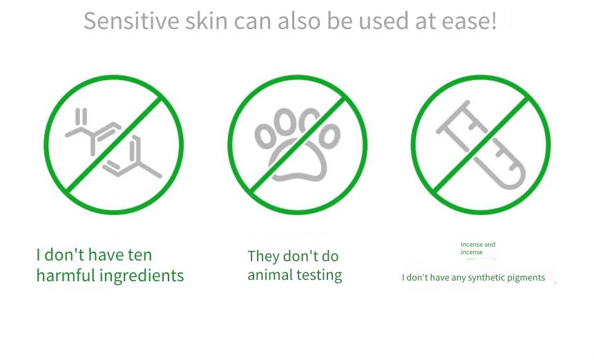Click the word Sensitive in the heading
[131, 21]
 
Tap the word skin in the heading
[206, 21]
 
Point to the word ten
[140, 255]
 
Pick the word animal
[269, 275]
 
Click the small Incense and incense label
[478, 248]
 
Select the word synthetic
[486, 278]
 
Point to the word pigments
[526, 278]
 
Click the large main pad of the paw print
[298, 161]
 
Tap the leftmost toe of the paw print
[264, 135]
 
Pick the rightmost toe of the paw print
[329, 135]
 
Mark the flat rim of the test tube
[452, 117]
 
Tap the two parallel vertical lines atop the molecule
[81, 116]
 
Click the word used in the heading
[384, 21]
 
